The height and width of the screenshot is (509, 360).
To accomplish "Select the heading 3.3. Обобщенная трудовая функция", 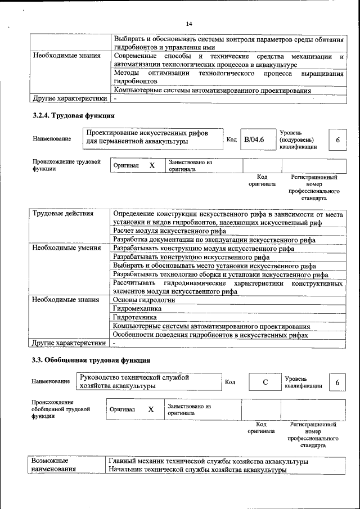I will click(x=91, y=359).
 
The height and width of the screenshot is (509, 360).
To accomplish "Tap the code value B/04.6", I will click(x=254, y=139).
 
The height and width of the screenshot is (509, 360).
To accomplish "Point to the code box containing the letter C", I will click(x=264, y=382).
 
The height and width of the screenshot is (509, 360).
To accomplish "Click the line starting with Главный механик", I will click(x=208, y=461).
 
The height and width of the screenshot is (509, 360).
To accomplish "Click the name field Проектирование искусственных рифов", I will click(x=147, y=137).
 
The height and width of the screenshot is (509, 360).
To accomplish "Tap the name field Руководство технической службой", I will click(x=134, y=381).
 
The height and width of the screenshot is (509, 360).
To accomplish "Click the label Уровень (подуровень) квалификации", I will click(x=298, y=139).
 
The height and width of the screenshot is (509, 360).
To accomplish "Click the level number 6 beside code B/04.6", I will click(x=337, y=139).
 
